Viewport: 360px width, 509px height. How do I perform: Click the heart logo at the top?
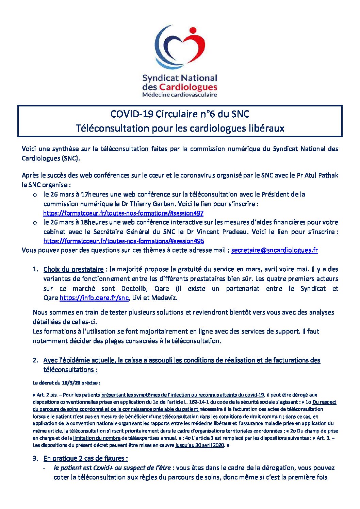pos(180,47)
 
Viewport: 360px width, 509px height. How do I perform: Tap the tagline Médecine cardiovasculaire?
pos(179,95)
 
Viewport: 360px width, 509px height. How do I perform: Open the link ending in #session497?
pos(123,213)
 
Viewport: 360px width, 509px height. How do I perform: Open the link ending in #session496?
pos(124,241)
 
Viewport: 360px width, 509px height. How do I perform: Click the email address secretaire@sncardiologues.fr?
pos(274,250)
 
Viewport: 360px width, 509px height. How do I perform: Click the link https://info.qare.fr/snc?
pos(94,298)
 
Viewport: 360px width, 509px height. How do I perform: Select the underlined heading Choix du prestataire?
pos(73,269)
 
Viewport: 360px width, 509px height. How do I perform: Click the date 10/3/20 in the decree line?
pos(71,383)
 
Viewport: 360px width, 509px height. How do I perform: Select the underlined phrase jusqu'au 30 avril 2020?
pos(200,445)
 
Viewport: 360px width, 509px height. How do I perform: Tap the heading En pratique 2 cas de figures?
pos(85,458)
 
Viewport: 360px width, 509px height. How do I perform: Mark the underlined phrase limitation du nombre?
pos(97,438)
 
